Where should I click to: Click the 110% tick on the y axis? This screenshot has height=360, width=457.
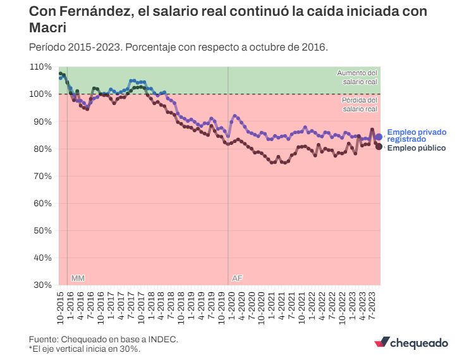click(41, 66)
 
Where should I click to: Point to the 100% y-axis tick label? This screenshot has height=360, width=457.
click(41, 94)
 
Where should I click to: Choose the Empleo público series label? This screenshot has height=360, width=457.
click(416, 148)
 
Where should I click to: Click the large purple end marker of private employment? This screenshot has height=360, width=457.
click(379, 137)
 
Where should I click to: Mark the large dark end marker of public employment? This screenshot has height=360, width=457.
click(379, 147)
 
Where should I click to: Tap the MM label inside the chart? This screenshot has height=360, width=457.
click(78, 278)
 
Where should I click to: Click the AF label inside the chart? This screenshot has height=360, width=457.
click(237, 278)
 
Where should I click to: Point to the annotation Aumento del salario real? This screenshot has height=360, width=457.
click(357, 77)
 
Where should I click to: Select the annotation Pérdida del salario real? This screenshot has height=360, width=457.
click(359, 104)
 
